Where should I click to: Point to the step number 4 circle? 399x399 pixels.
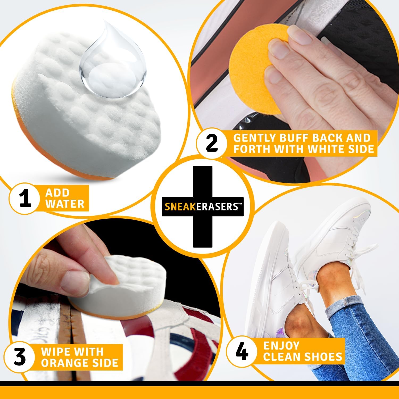pos(242,352)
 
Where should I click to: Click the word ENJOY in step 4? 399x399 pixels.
pos(281,346)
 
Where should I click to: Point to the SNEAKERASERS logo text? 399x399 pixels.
pos(202,207)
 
